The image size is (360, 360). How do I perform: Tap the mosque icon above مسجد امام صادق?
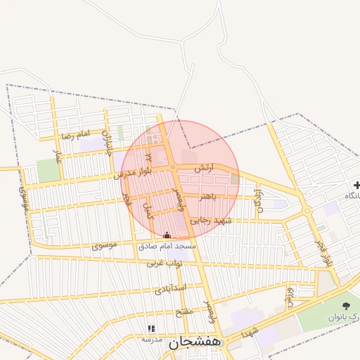[167, 236]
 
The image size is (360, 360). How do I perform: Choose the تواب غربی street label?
[165, 264]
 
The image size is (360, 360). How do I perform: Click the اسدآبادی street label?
[170, 288]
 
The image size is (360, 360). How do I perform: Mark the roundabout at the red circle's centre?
[173, 167]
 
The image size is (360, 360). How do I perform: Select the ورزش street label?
[289, 296]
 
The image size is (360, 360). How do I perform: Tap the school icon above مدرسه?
[151, 328]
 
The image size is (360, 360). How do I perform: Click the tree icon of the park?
[346, 305]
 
